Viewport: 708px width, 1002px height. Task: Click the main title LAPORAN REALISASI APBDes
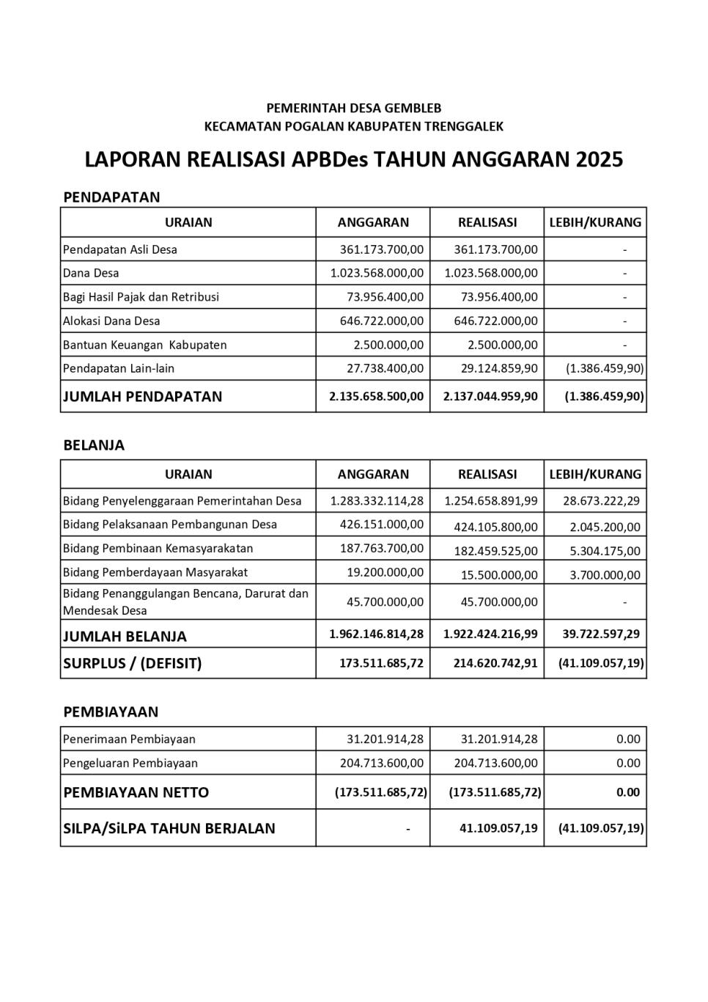pyautogui.click(x=353, y=159)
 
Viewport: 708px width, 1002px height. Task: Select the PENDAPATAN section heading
pyautogui.click(x=111, y=197)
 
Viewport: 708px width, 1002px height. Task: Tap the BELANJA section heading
pyautogui.click(x=94, y=445)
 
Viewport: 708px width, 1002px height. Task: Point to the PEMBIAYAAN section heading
pyautogui.click(x=111, y=712)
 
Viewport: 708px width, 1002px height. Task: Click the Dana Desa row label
pyautogui.click(x=91, y=273)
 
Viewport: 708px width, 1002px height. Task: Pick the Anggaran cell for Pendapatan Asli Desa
pyautogui.click(x=381, y=249)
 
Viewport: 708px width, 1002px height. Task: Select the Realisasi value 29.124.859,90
pyautogui.click(x=495, y=368)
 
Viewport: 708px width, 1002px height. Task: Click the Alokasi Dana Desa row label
pyautogui.click(x=111, y=321)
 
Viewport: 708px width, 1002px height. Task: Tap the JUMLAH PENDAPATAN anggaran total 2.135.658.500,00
pyautogui.click(x=376, y=396)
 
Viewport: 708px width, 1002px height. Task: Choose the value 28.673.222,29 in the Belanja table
pyautogui.click(x=601, y=501)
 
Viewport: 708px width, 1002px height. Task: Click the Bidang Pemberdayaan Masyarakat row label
pyautogui.click(x=155, y=572)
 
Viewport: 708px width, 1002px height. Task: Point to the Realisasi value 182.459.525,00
pyautogui.click(x=495, y=551)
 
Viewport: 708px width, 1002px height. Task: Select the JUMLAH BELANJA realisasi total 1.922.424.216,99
pyautogui.click(x=490, y=634)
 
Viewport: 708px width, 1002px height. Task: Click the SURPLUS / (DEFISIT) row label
pyautogui.click(x=132, y=663)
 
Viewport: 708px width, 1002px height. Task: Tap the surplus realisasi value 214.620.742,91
pyautogui.click(x=490, y=663)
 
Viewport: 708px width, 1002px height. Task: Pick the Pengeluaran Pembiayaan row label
pyautogui.click(x=130, y=763)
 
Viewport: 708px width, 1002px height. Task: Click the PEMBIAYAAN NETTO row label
pyautogui.click(x=136, y=792)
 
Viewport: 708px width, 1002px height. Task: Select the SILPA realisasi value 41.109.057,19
pyautogui.click(x=498, y=828)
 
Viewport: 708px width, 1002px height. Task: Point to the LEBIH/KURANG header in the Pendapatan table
pyautogui.click(x=595, y=222)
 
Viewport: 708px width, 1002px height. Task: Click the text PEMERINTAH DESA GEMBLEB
pyautogui.click(x=353, y=109)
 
